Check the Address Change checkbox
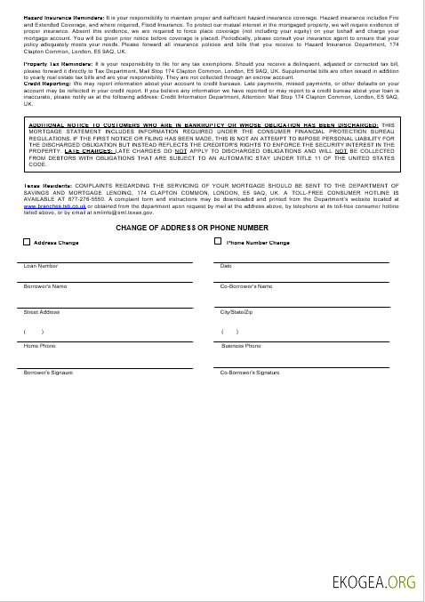(x=27, y=242)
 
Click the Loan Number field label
(x=41, y=266)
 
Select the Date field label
(x=226, y=266)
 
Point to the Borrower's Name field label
(x=45, y=286)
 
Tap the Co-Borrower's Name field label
(x=246, y=286)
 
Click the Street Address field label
(x=42, y=312)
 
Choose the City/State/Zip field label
(x=237, y=312)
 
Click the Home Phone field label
(x=39, y=345)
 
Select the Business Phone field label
(x=241, y=345)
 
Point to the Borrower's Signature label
(x=49, y=372)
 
